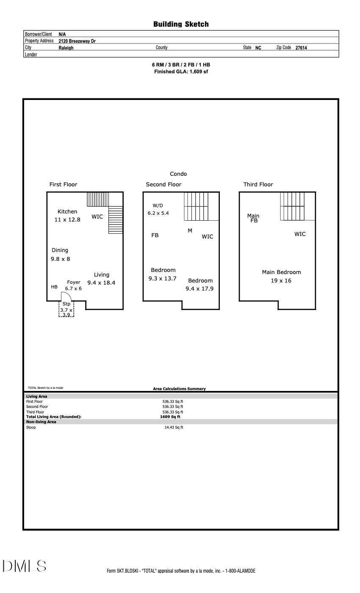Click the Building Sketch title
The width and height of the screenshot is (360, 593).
coord(181,25)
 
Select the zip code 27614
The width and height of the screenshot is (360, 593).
coord(301,48)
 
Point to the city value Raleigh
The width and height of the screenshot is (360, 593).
coord(66,48)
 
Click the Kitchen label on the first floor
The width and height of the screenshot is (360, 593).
coord(67,212)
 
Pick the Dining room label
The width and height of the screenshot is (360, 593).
coord(60,250)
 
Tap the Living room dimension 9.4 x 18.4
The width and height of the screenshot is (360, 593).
coord(101,283)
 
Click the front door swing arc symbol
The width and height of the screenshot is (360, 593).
coord(67,296)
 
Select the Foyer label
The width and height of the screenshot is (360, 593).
coord(74,282)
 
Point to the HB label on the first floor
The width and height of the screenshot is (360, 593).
coord(54,287)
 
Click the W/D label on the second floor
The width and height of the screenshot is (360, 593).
coord(158,205)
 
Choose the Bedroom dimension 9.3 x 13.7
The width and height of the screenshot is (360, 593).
coord(162,278)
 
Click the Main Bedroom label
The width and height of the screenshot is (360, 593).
coord(281,272)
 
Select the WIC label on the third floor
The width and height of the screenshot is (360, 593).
coord(300,234)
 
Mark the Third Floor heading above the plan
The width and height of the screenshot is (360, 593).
coord(258,185)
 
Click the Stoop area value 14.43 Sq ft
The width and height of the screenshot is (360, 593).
coord(174,427)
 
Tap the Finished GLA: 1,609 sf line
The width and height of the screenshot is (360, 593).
coord(181,72)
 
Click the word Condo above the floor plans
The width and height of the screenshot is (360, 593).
coord(178,174)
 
